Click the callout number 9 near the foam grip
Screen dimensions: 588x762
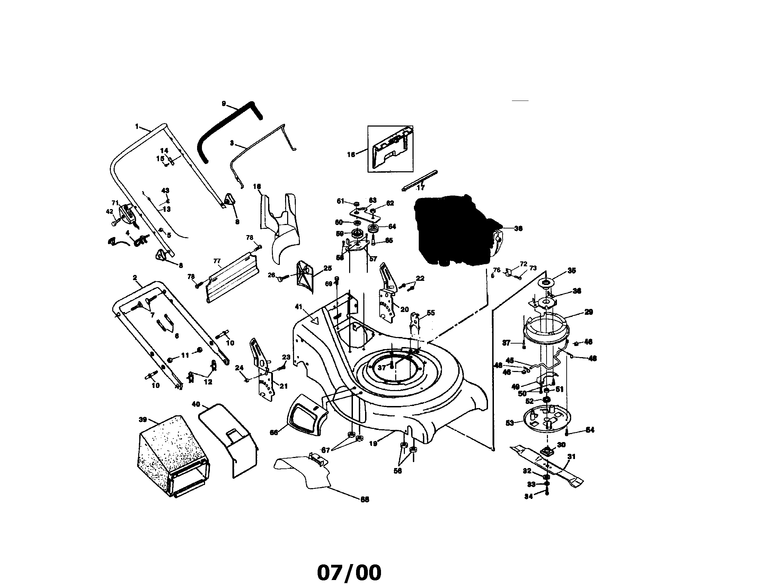coord(224,103)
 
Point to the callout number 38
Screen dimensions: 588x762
coord(518,228)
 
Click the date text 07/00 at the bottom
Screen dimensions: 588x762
coord(349,573)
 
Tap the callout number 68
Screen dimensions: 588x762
coord(365,500)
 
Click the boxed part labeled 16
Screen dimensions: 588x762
coord(390,149)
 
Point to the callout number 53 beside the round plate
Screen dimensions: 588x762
coord(510,423)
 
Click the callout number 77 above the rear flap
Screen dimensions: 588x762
coord(217,261)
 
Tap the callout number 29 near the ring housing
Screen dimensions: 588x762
coord(588,312)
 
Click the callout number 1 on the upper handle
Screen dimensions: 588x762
coord(137,126)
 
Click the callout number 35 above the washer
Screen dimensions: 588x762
coord(571,270)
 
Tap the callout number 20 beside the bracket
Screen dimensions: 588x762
coord(404,309)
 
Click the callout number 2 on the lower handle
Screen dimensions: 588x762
coord(135,278)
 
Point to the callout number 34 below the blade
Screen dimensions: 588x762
coord(529,496)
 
